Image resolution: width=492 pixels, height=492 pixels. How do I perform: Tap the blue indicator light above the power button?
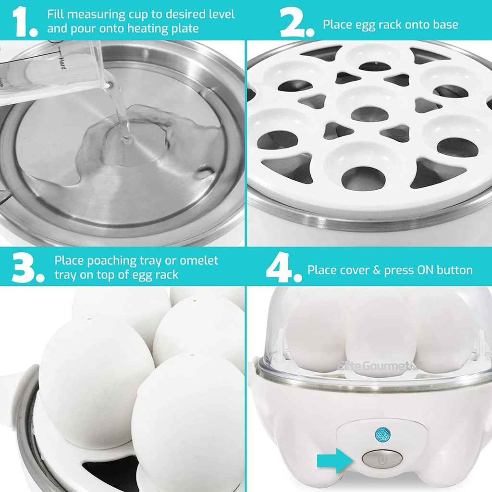[382, 434]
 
